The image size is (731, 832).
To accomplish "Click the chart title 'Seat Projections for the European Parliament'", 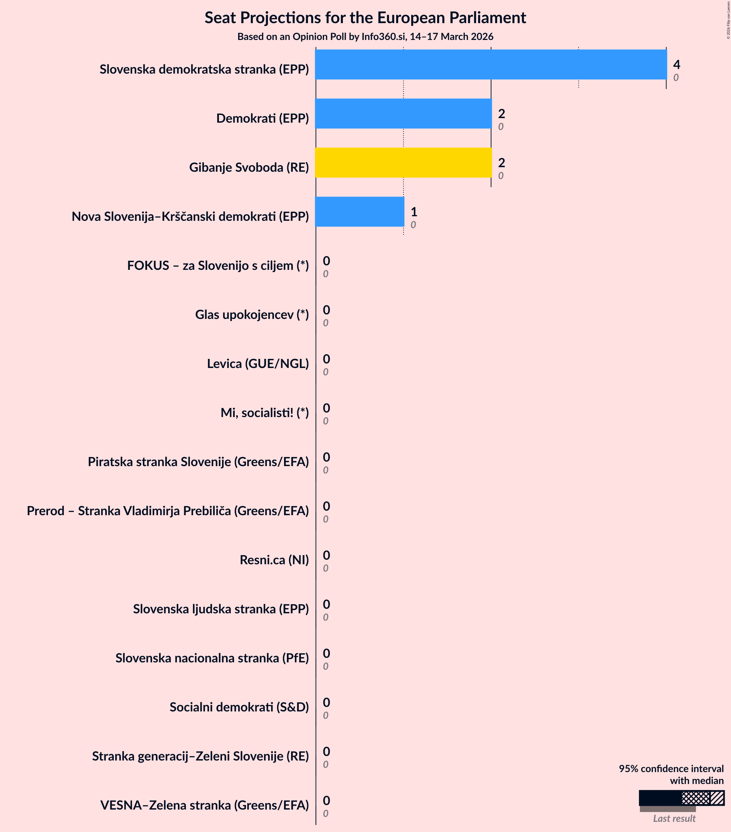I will point(365,18).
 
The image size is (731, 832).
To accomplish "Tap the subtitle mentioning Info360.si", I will point(365,37).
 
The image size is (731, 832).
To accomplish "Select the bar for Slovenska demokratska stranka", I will point(491,64).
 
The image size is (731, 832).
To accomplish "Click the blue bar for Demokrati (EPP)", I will point(403,114).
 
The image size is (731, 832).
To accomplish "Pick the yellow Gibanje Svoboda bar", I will point(403,162).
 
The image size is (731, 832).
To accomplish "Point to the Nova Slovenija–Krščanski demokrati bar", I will point(360,212).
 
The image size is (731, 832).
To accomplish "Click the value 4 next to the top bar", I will point(676,64).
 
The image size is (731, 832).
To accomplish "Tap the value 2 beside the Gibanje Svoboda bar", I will point(502,162).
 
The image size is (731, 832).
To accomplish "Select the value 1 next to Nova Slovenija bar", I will point(414,212).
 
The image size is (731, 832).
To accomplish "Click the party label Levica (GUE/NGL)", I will point(258,363).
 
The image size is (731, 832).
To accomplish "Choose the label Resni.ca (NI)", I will point(274,560).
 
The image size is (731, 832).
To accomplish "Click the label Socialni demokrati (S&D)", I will point(239,707).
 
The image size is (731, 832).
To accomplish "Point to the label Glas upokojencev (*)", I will point(252,314).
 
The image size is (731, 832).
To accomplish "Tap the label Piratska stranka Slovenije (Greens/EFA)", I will point(198,462).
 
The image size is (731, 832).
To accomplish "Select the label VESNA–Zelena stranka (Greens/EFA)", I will point(205,805).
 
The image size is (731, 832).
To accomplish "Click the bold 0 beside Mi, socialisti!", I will point(326,408).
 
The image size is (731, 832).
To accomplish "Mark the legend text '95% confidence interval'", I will point(671,769).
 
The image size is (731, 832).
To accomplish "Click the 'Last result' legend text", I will point(674,818).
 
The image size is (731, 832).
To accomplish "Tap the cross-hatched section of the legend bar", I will point(696,798).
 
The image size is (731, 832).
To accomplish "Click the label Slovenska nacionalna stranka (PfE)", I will point(212,658).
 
